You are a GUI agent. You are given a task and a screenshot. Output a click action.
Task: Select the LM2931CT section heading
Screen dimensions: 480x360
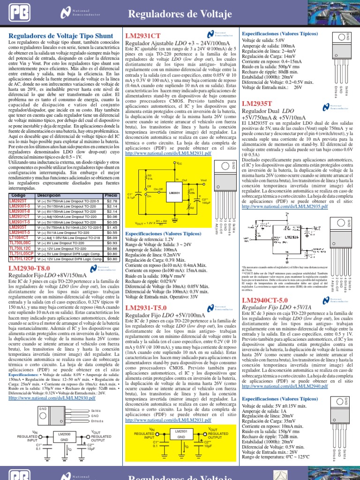point(142,36)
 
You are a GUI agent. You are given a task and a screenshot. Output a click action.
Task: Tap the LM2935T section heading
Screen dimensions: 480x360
point(257,103)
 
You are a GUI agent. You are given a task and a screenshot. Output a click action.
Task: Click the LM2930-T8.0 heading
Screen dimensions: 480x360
point(29,268)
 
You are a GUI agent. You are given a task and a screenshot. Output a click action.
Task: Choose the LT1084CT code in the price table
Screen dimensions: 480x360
point(19,238)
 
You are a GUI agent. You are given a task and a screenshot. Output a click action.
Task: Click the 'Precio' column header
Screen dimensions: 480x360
point(111,195)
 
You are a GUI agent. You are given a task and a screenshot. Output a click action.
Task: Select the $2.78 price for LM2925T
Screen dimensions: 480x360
point(112,201)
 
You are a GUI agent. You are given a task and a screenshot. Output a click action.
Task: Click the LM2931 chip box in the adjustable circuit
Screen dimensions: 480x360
point(174,193)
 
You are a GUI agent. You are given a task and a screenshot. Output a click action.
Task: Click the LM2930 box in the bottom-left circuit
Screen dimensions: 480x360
point(65,437)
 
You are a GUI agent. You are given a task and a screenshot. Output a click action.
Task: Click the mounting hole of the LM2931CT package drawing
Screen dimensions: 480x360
point(218,165)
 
